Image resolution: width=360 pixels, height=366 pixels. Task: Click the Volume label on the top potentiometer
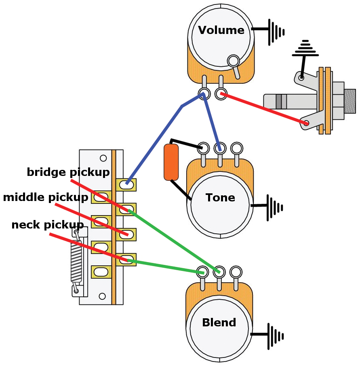pos(221,31)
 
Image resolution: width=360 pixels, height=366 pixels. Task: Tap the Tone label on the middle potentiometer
pos(220,198)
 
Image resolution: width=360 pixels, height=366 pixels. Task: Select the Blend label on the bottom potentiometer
pos(219,323)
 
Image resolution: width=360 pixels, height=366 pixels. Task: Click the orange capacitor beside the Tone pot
pos(171,162)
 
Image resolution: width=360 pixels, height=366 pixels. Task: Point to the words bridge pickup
pos(68,172)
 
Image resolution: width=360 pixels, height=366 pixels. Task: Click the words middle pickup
pos(46,198)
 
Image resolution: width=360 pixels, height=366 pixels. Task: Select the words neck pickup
pos(48,225)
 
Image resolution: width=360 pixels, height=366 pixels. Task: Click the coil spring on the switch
pos(76,261)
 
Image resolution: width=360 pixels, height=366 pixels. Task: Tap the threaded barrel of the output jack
pos(350,101)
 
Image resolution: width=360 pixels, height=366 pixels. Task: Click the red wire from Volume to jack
pos(263,108)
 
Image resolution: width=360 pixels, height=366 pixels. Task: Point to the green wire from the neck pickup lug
pos(166,267)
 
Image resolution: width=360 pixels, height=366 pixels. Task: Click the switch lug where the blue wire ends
pos(127,184)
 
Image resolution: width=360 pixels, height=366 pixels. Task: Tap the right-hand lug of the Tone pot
pos(236,148)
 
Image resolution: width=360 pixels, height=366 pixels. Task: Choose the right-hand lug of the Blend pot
pos(236,271)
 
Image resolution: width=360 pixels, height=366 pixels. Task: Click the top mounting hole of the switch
pos(103,158)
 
